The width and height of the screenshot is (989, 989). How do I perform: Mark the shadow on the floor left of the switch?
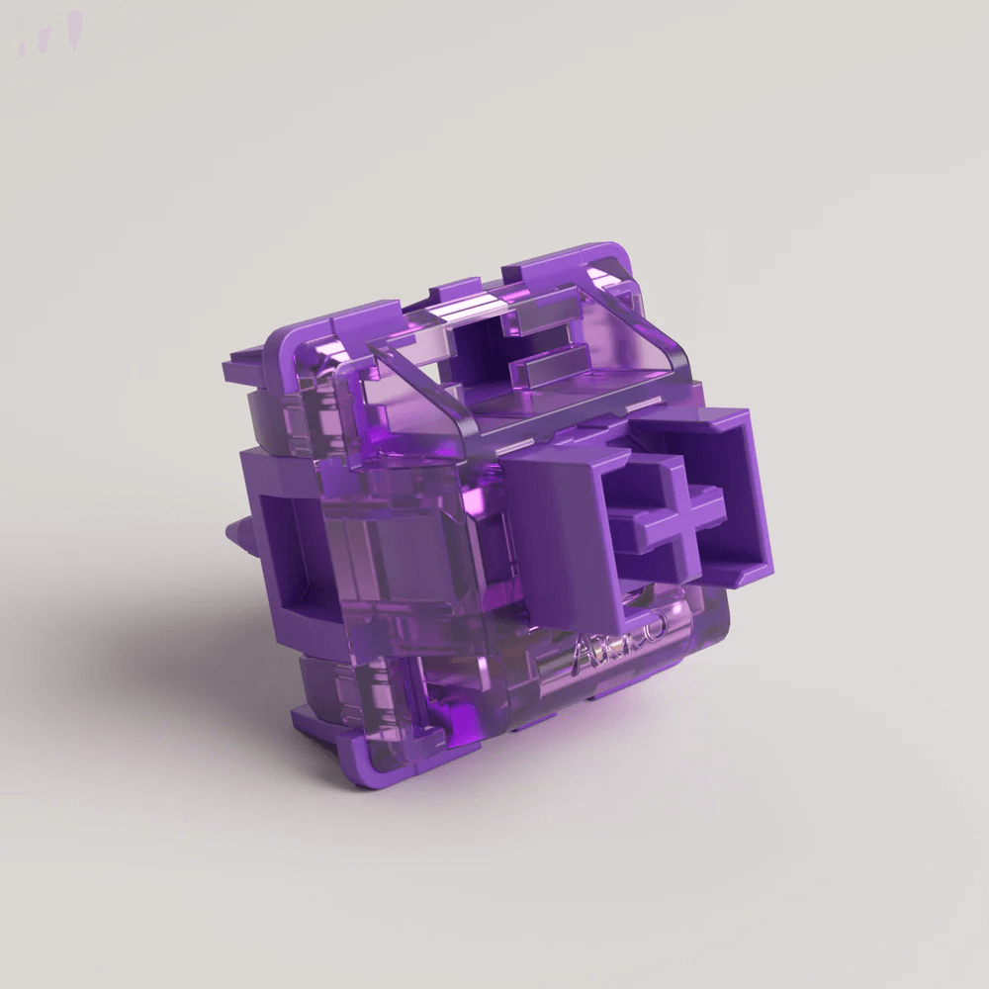click(168, 643)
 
